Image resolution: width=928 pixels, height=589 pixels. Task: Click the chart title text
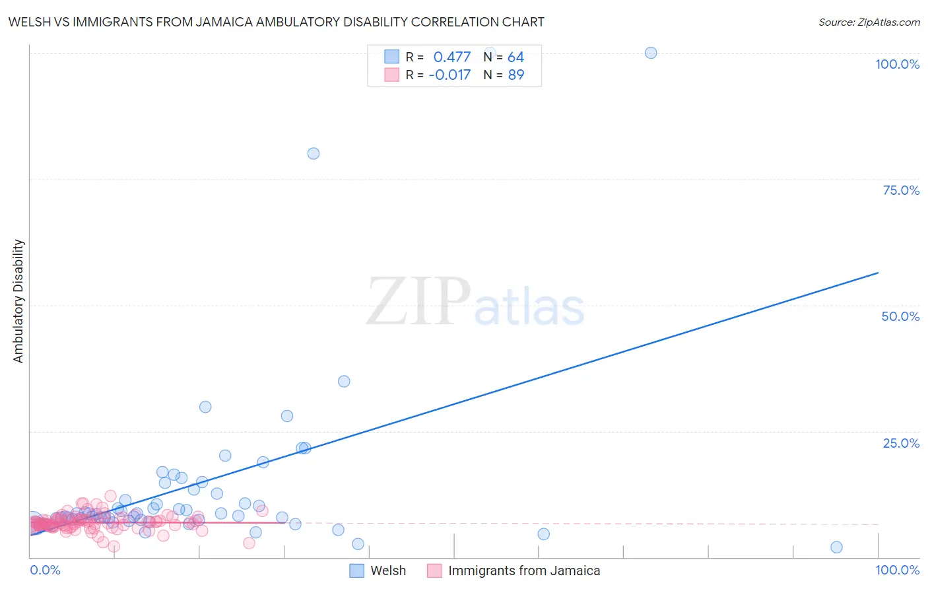(x=277, y=22)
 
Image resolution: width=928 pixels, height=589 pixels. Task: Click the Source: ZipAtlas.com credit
(x=869, y=22)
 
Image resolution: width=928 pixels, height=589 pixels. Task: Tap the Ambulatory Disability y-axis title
(x=18, y=301)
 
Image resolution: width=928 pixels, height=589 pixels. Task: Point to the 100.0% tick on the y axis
(x=897, y=64)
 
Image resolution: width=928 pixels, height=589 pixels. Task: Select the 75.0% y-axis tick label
(x=901, y=190)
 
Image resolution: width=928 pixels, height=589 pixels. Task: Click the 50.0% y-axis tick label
(x=900, y=316)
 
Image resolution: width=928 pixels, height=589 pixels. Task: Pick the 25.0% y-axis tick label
(x=901, y=443)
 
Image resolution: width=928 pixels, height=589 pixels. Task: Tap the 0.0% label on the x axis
(x=45, y=570)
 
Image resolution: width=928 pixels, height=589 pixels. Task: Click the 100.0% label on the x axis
(x=897, y=570)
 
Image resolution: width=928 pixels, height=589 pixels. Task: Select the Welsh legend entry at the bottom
(x=387, y=571)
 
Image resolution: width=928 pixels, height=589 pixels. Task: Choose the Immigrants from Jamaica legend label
(x=523, y=571)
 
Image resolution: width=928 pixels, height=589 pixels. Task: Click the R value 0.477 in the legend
(x=451, y=57)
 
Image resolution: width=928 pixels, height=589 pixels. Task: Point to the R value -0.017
(x=449, y=75)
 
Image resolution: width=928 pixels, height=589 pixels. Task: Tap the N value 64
(x=515, y=57)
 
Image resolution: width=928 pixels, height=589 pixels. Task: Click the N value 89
(x=515, y=75)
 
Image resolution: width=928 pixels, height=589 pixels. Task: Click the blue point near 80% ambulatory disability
(x=314, y=153)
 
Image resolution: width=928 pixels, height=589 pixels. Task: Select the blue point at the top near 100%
(x=651, y=53)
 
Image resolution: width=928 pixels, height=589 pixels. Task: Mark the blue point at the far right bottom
(x=836, y=547)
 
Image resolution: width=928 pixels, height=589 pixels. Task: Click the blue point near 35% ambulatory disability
(x=344, y=381)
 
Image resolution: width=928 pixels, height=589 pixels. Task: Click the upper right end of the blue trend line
(x=878, y=273)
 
